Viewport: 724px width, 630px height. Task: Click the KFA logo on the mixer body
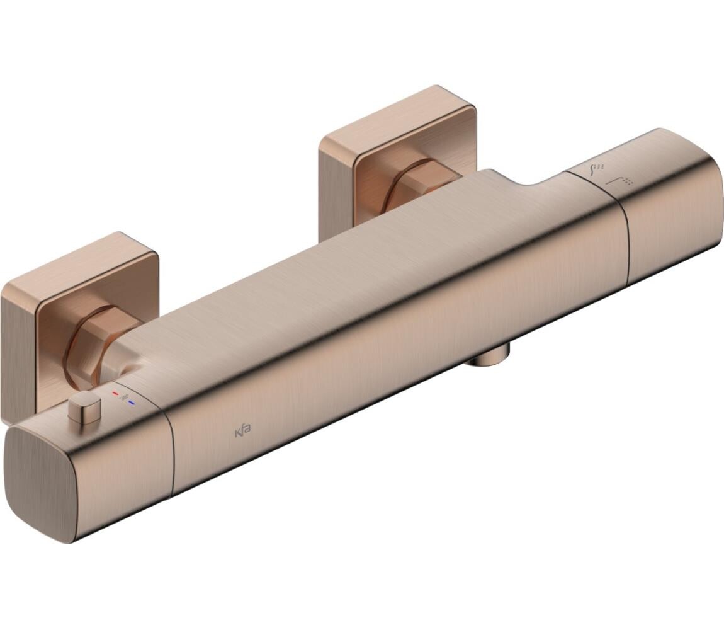pyautogui.click(x=243, y=433)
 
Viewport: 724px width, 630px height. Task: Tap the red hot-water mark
pyautogui.click(x=115, y=393)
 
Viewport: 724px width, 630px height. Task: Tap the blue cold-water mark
pyautogui.click(x=131, y=401)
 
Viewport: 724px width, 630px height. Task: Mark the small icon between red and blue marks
pyautogui.click(x=123, y=398)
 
